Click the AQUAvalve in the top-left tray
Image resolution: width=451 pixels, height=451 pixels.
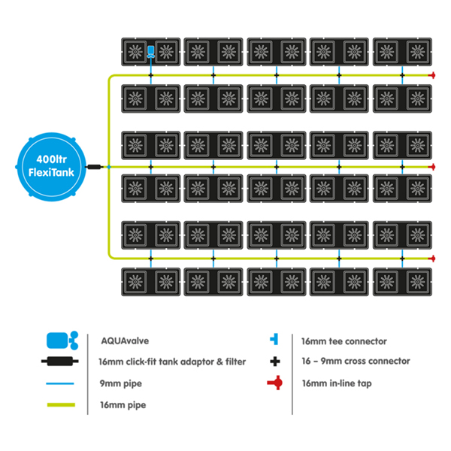click(150, 52)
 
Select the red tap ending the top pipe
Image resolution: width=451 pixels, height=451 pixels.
click(432, 75)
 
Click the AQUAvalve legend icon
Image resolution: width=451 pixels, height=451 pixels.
click(61, 340)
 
